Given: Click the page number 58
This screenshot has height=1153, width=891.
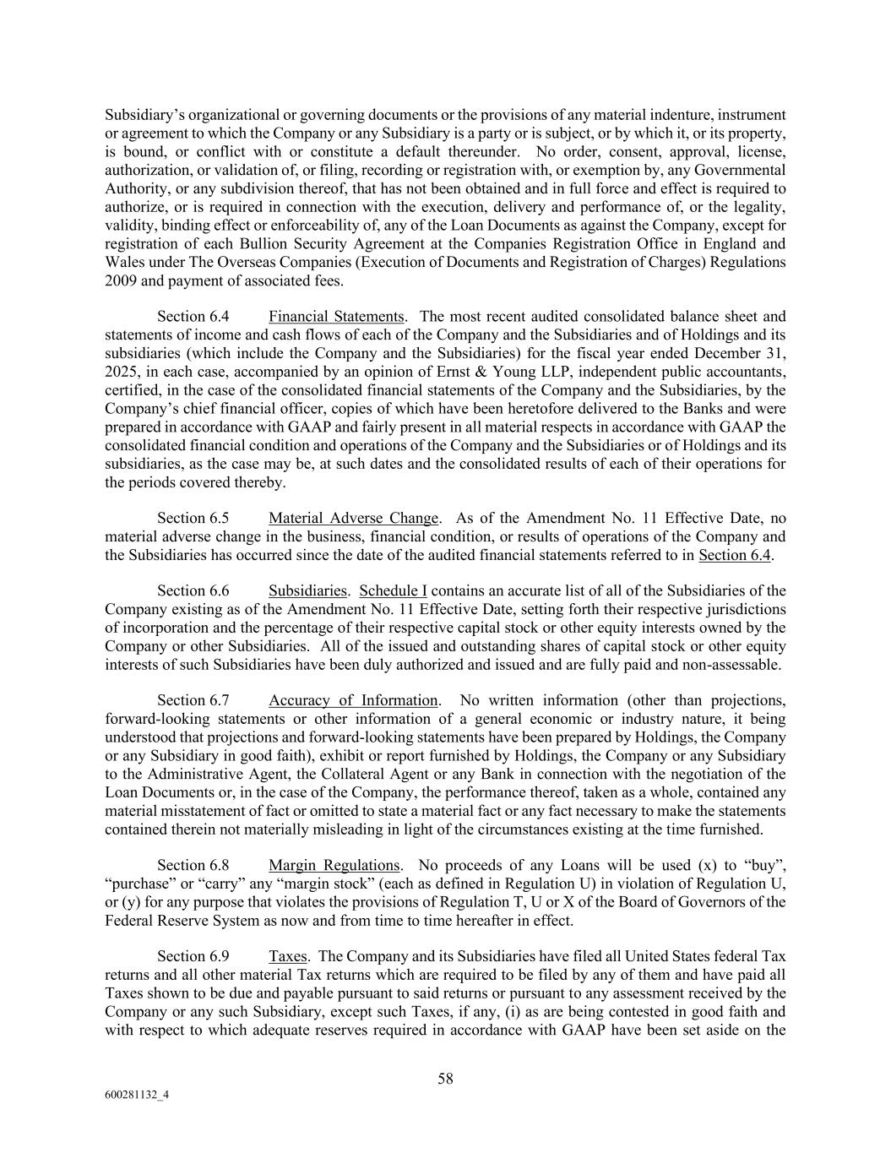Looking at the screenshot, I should (x=445, y=1079).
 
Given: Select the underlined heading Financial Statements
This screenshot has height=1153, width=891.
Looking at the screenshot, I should (x=336, y=317).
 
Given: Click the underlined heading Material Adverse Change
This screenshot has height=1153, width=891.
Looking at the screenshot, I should (x=354, y=518).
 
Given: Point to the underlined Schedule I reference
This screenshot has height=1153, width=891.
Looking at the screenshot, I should (x=393, y=590).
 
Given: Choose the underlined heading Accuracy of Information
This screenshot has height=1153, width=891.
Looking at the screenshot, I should (x=354, y=700).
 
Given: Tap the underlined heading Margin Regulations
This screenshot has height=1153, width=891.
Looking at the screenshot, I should (x=334, y=865).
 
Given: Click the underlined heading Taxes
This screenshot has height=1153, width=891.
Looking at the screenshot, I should (x=287, y=956).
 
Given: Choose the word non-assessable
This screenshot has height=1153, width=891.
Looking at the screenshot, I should (x=737, y=665).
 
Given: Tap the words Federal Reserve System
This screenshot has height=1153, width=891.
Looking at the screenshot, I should (x=184, y=920).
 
